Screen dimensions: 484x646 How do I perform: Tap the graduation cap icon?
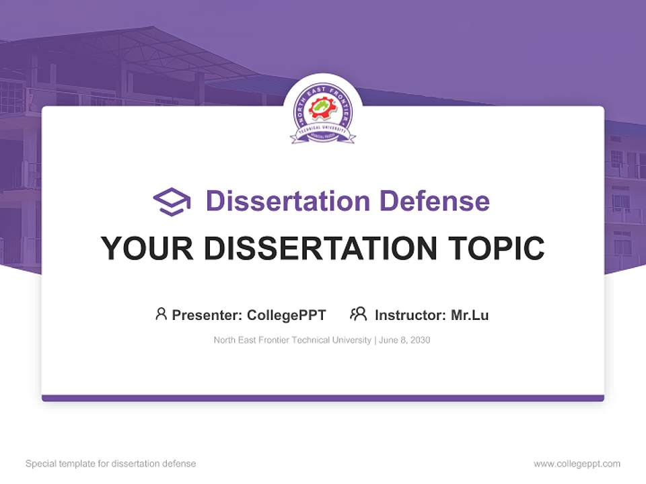(x=172, y=202)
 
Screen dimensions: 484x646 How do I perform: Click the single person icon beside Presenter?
(x=161, y=314)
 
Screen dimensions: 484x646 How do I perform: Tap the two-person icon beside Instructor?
(x=359, y=314)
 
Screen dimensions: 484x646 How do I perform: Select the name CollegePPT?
(x=287, y=315)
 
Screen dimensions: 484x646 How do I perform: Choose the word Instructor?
(x=410, y=315)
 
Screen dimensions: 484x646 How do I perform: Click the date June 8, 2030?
(x=404, y=340)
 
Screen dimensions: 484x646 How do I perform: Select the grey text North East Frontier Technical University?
(x=292, y=340)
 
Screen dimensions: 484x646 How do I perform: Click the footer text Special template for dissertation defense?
(x=111, y=464)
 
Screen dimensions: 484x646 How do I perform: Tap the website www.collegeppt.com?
(x=577, y=464)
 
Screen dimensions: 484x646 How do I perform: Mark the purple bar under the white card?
(x=323, y=398)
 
